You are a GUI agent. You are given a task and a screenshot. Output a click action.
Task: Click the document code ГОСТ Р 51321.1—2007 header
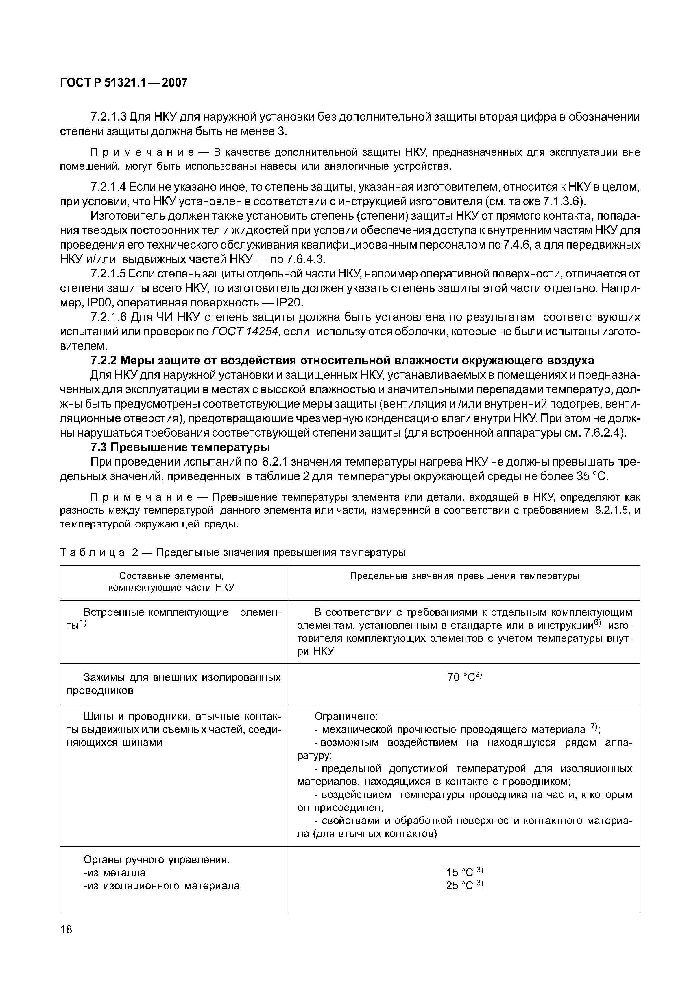pos(124,82)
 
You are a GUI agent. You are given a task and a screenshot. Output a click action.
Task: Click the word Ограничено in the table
pos(346,716)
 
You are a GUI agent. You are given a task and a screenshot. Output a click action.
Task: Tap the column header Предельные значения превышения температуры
pos(464,576)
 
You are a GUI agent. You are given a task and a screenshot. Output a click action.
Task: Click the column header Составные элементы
pos(171,576)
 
